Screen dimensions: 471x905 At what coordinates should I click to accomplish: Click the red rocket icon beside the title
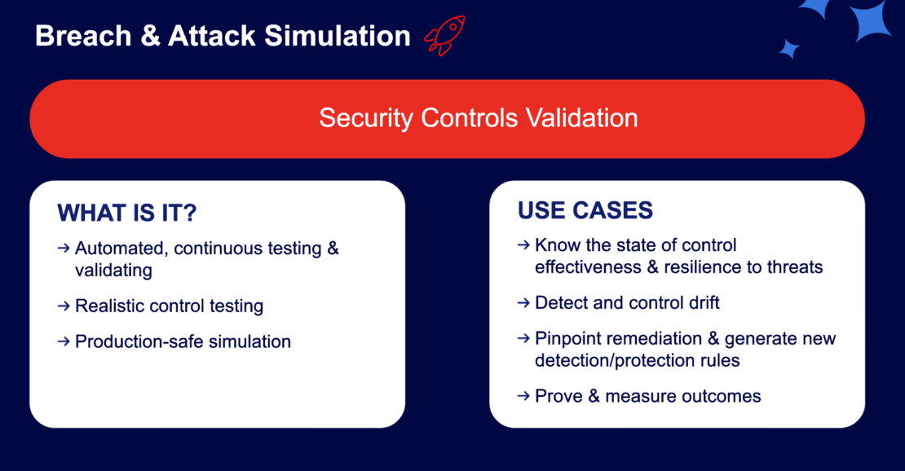click(444, 36)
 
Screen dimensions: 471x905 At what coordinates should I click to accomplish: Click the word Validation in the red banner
click(581, 117)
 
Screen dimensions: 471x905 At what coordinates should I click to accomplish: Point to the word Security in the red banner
click(367, 117)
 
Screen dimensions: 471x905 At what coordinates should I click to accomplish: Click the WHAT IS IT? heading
click(127, 213)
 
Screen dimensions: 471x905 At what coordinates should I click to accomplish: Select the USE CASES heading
click(585, 210)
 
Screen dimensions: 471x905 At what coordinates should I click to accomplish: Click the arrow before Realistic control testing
click(64, 306)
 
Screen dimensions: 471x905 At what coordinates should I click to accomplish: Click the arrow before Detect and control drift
click(523, 303)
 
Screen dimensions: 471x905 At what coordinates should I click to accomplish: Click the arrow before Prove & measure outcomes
click(523, 396)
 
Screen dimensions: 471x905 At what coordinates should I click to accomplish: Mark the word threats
click(794, 266)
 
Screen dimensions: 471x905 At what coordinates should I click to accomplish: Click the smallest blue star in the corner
click(788, 48)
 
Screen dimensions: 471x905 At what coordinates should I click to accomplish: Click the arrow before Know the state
click(523, 245)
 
